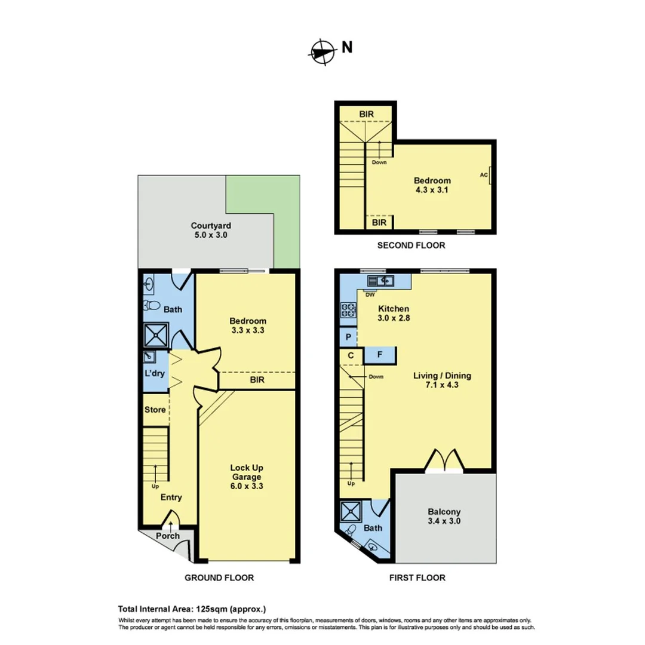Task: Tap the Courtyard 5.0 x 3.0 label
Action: [211, 231]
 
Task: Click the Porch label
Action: [168, 536]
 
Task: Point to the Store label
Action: [155, 410]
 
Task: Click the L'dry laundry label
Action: [155, 374]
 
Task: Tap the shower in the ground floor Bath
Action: [155, 334]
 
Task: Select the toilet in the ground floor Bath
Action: [152, 306]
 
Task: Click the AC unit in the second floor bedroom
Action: [490, 175]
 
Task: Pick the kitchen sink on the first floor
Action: [379, 280]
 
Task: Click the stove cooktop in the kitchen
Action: [348, 309]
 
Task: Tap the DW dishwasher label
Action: [370, 294]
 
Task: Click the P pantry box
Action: [348, 337]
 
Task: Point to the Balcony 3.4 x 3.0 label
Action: [444, 517]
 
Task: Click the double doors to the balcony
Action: [444, 460]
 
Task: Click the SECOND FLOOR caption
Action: [410, 245]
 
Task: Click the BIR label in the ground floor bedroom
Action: [258, 380]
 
